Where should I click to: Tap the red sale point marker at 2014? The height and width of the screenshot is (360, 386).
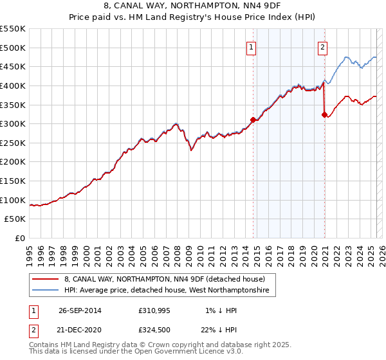click(253, 119)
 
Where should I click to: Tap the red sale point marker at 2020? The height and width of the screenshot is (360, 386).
click(324, 114)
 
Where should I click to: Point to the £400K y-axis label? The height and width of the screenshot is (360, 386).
click(13, 85)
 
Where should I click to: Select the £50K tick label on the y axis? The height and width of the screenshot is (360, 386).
click(15, 219)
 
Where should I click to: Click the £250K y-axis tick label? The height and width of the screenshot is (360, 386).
click(13, 143)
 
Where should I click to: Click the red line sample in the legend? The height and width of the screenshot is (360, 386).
click(44, 280)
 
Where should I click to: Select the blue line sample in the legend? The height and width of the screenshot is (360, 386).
click(44, 291)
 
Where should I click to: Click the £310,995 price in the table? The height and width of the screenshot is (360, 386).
click(154, 310)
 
